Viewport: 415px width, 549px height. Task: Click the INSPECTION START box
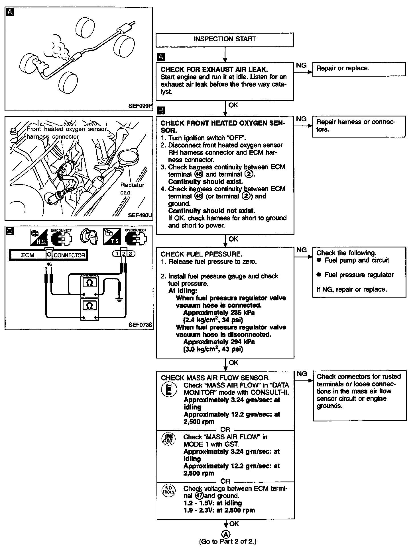click(x=225, y=39)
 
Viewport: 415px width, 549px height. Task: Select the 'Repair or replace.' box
click(x=359, y=69)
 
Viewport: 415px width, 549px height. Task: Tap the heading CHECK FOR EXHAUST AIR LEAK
click(x=214, y=69)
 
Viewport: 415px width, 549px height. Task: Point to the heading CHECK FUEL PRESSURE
click(x=201, y=254)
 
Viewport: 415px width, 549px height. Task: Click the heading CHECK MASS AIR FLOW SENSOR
click(x=215, y=378)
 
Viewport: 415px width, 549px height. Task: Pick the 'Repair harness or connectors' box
click(x=359, y=126)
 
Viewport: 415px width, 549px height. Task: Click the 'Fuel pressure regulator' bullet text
click(x=359, y=275)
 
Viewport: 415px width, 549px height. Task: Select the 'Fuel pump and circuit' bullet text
click(x=357, y=260)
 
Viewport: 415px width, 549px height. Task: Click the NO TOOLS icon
click(x=168, y=490)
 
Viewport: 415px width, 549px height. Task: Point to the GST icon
click(x=168, y=439)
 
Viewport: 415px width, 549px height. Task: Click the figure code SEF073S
click(x=140, y=325)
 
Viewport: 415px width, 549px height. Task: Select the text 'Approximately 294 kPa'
click(x=219, y=342)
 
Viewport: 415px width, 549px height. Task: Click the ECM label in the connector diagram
click(x=28, y=255)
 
